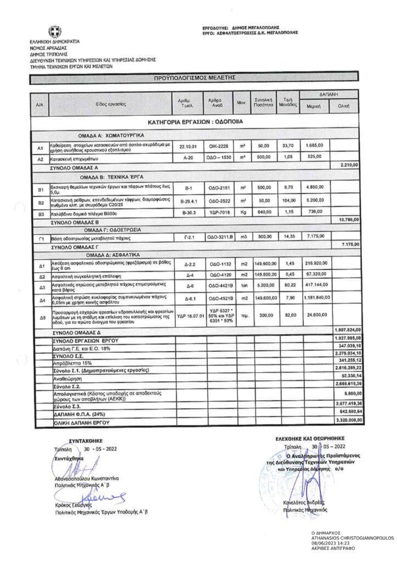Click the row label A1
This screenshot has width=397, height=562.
click(40, 148)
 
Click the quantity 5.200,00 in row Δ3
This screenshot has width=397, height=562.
click(263, 286)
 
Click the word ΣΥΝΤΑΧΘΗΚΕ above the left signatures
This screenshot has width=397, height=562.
click(82, 440)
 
